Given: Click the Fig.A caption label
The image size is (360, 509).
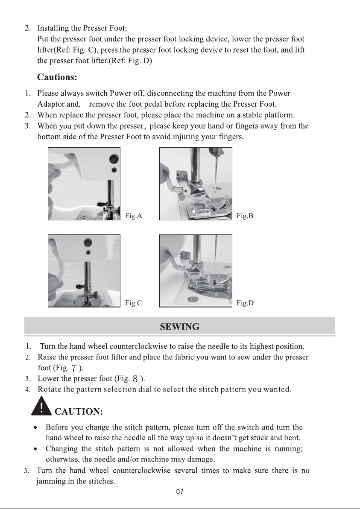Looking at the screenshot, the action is click(x=134, y=216).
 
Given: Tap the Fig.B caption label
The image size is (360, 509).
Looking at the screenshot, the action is click(x=245, y=216).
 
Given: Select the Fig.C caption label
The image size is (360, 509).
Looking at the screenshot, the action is click(x=133, y=303).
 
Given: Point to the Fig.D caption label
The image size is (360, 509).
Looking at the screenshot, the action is click(x=245, y=303).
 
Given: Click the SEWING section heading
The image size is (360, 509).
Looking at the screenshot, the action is click(x=179, y=327).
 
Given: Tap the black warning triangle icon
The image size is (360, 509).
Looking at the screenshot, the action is click(x=41, y=407).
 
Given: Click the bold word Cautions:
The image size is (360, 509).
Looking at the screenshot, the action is click(x=57, y=77).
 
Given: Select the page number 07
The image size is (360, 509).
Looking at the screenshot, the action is click(x=180, y=492).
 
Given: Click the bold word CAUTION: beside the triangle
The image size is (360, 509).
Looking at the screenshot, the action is click(x=79, y=412).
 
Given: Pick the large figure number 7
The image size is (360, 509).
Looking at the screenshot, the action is click(x=74, y=368).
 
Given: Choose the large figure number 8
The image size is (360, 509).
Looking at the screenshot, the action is click(x=135, y=379).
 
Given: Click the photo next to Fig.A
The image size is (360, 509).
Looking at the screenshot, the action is click(x=84, y=184).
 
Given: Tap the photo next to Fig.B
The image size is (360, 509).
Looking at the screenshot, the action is click(x=196, y=184).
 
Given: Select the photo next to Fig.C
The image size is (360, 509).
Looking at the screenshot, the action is click(x=84, y=271).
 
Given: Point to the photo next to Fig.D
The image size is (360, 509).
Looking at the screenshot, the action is click(x=196, y=271).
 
